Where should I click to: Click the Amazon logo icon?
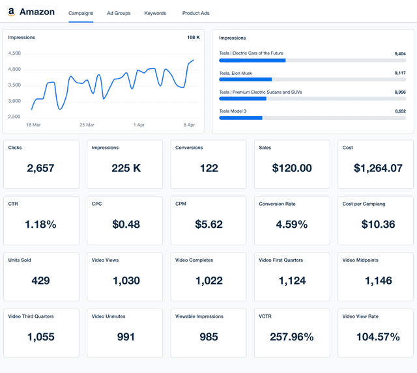coord(12,12)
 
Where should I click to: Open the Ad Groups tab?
coord(119,13)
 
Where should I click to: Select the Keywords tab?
coord(155,13)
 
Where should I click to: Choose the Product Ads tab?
coord(195,13)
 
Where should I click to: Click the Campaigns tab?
coord(81,13)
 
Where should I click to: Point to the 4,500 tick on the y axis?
coord(14,53)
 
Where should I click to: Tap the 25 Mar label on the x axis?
coord(87,124)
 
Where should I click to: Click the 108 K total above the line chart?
coord(194,37)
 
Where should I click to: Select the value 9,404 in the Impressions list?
coord(400,53)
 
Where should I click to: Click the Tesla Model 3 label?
coord(233,111)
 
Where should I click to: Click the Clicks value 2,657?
coord(40,168)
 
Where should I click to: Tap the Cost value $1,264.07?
coord(378,168)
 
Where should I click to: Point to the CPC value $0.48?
coord(126,225)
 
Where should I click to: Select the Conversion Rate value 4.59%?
coord(292,225)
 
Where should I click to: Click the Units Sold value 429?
coord(40,281)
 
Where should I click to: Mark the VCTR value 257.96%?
coord(292,337)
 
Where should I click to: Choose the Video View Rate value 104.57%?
coord(378,337)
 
